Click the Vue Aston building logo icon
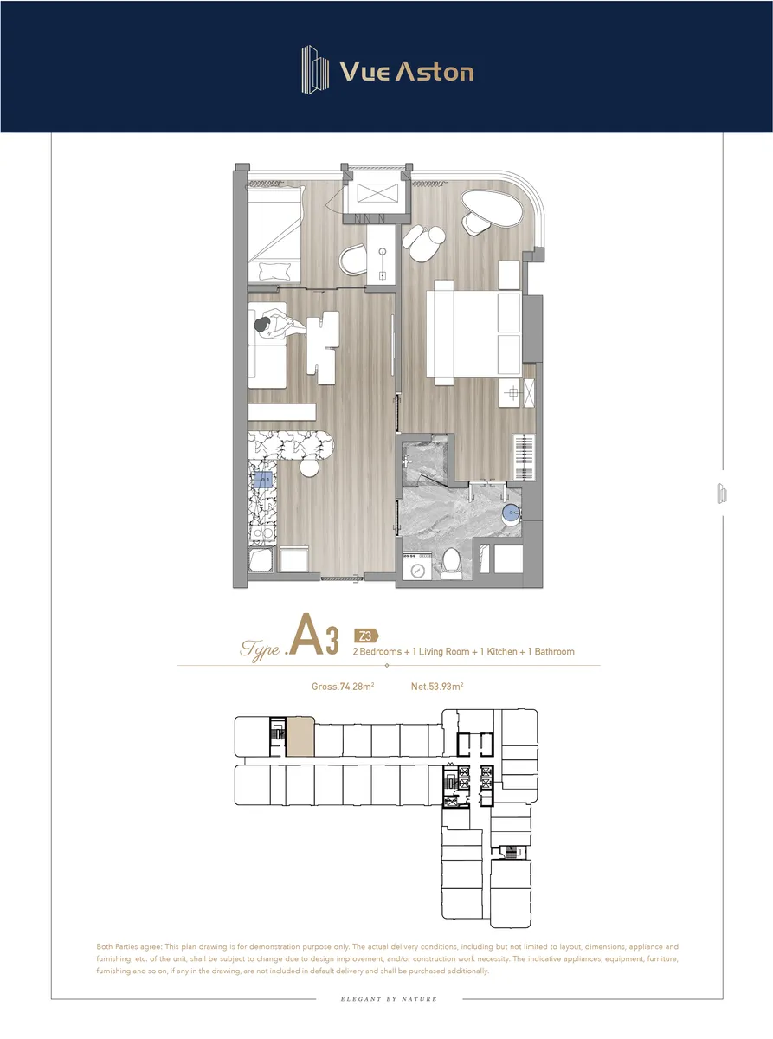(x=315, y=69)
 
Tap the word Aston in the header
(x=435, y=72)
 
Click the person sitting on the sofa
(x=280, y=326)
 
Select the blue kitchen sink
(x=263, y=480)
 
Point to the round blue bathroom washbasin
(x=511, y=514)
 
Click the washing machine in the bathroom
(x=417, y=566)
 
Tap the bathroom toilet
(x=452, y=563)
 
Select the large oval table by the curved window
(x=492, y=208)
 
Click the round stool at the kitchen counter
(x=309, y=467)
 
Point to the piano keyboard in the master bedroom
(x=525, y=457)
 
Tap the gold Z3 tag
(x=366, y=636)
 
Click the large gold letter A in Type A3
(x=306, y=635)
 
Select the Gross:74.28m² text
(x=343, y=687)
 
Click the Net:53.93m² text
(x=437, y=687)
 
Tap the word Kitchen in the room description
(x=502, y=651)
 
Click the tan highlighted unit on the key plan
(x=300, y=736)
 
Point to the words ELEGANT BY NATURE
(x=389, y=999)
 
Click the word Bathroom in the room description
(x=554, y=651)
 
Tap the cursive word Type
(x=261, y=649)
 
